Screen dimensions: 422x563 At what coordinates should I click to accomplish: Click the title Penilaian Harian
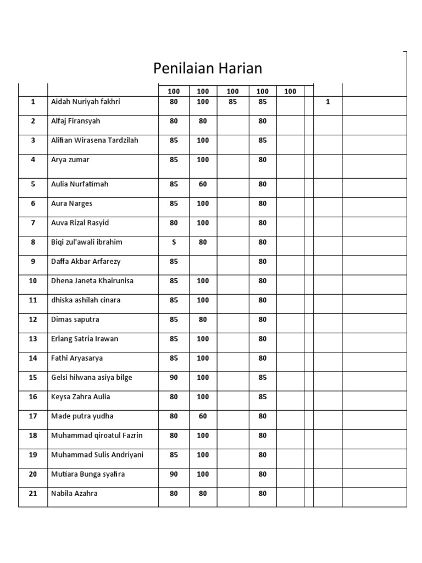tap(207, 68)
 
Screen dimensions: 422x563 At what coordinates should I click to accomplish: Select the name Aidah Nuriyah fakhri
tap(85, 102)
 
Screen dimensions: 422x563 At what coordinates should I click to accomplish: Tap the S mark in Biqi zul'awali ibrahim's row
tap(174, 242)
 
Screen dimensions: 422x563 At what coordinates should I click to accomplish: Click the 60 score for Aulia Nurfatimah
tap(203, 184)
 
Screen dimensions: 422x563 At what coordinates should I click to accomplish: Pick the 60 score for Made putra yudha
tap(203, 416)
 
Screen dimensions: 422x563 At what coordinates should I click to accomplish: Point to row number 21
tap(33, 493)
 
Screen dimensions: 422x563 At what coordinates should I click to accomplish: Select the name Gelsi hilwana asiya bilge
tap(91, 377)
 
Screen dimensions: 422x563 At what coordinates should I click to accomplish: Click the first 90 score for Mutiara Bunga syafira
tap(174, 474)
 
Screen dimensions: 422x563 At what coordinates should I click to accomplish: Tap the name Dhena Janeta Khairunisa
tap(92, 280)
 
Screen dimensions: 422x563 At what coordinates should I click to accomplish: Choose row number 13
tap(33, 339)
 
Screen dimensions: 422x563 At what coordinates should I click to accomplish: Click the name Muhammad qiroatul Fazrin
tap(96, 435)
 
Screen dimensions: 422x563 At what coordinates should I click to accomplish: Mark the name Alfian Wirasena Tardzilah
tap(95, 140)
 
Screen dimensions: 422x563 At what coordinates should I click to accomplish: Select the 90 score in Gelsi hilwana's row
tap(174, 377)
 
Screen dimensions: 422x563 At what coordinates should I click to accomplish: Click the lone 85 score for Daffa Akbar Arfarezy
tap(174, 261)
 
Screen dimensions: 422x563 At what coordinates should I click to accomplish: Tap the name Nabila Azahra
tap(74, 493)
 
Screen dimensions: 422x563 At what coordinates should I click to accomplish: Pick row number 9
tap(33, 261)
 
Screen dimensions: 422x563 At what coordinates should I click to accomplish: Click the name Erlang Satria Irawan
tap(84, 339)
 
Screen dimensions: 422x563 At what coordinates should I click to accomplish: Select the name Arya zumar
tap(70, 159)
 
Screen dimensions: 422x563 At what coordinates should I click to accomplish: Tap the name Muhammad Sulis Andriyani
tap(97, 455)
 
